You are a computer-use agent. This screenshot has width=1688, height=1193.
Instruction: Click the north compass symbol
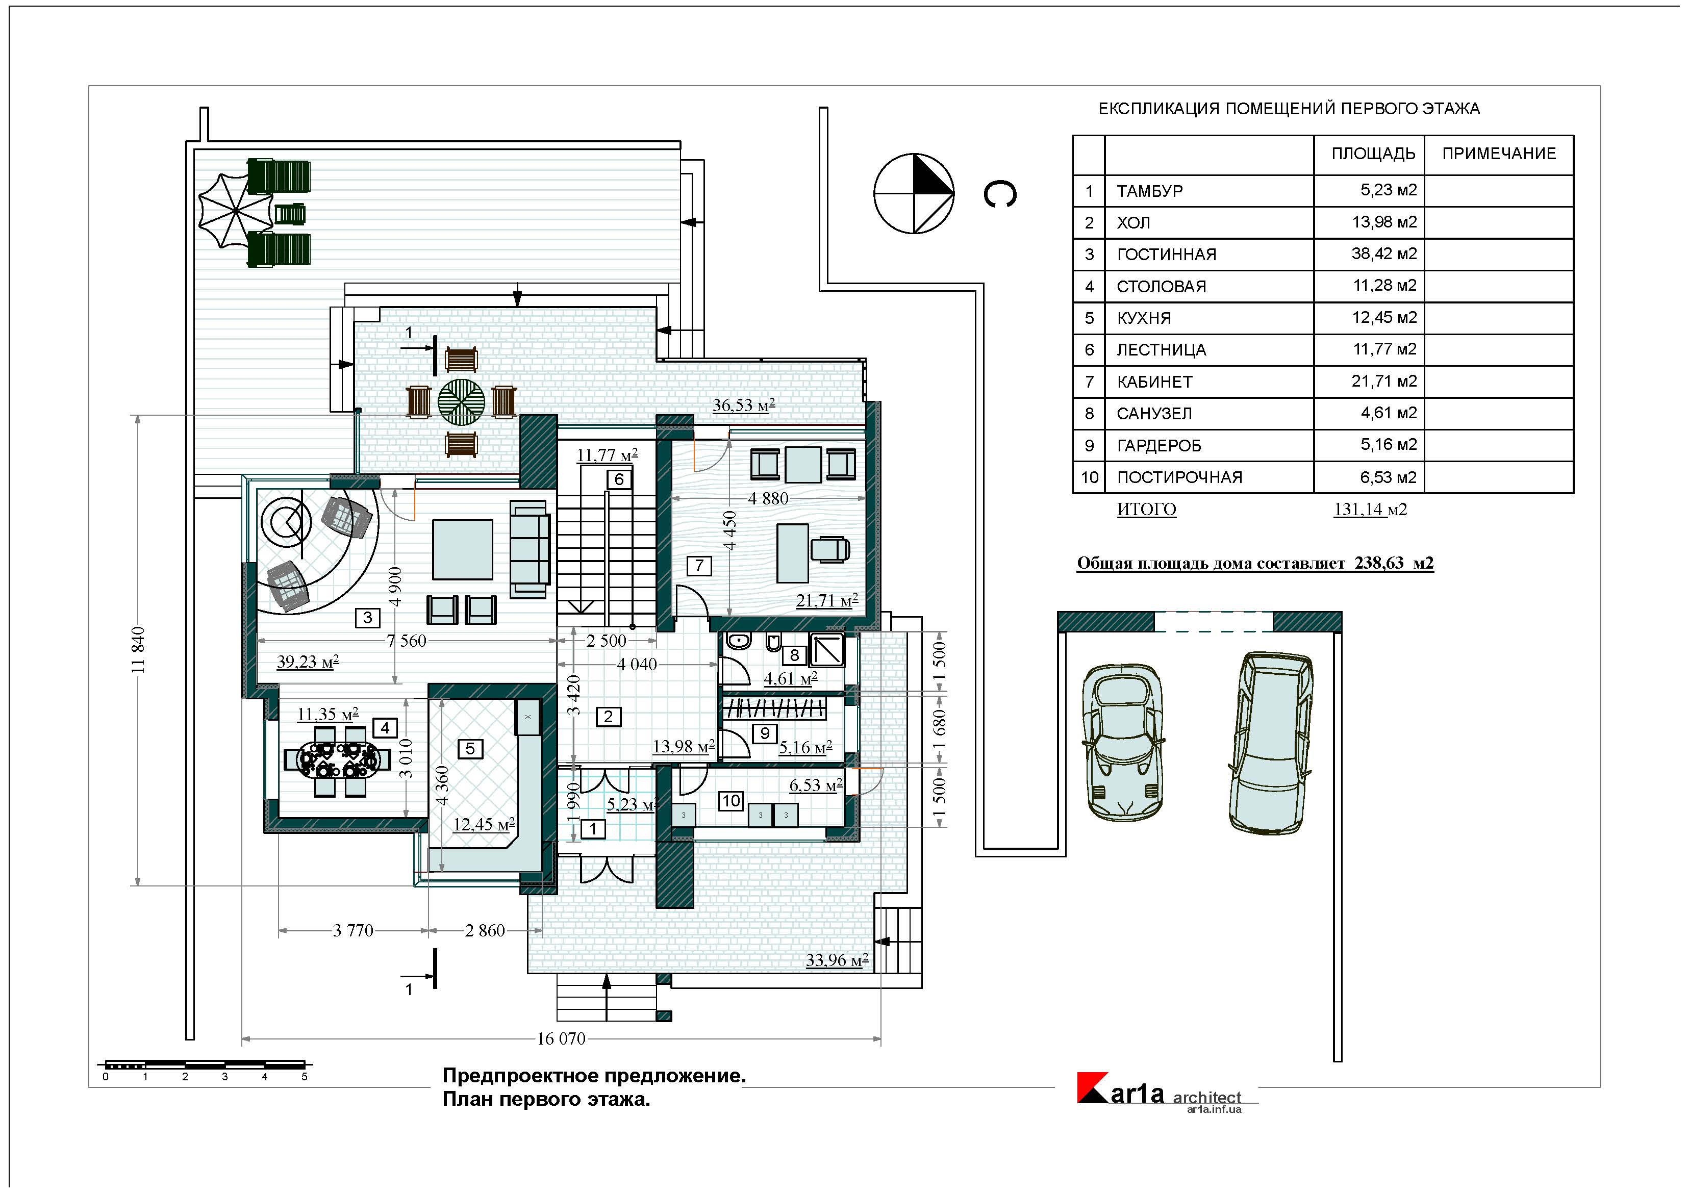pos(913,194)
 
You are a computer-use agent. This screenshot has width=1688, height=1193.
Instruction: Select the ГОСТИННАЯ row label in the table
pos(1166,255)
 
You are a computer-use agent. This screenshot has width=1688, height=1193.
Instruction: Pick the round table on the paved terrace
pos(462,401)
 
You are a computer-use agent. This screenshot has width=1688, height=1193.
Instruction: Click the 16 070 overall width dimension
pos(561,1038)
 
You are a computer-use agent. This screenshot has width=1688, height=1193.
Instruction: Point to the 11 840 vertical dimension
pos(138,650)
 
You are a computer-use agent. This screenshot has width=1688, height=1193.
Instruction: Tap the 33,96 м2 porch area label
pos(837,960)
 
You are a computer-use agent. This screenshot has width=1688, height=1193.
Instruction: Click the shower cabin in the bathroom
pos(826,650)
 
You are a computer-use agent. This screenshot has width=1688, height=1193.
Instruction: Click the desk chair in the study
pos(831,549)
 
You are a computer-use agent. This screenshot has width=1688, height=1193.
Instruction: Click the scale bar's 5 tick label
pos(305,1077)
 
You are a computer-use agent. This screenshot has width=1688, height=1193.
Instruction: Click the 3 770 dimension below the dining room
pos(353,931)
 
